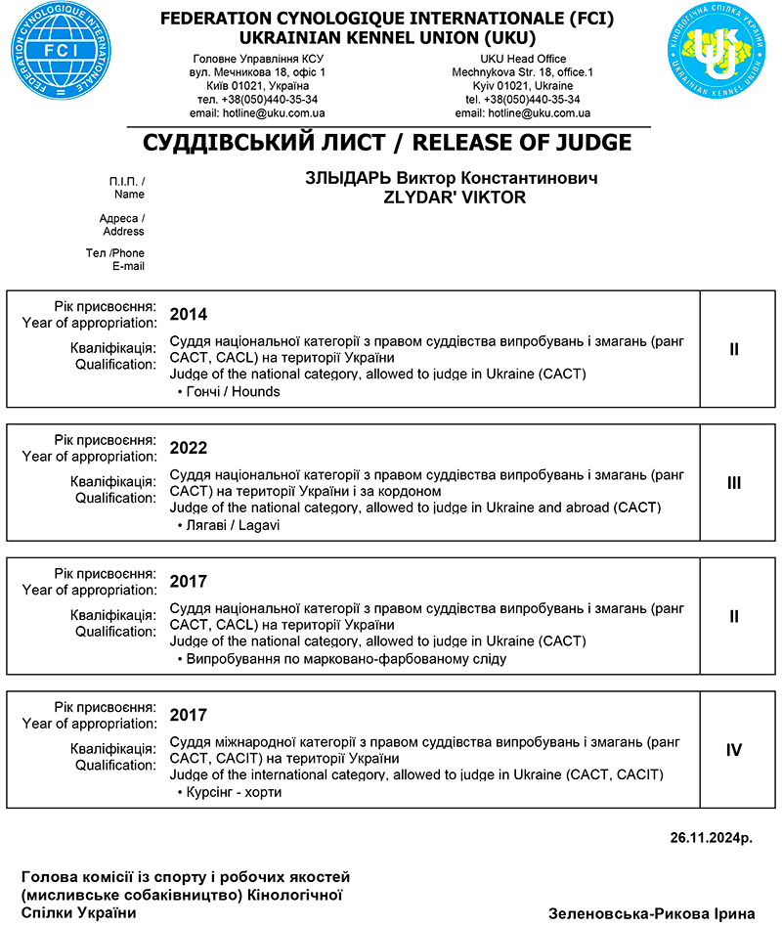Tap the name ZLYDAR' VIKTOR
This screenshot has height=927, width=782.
(x=456, y=198)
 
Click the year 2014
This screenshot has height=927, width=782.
(x=189, y=315)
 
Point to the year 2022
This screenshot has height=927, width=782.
(x=189, y=448)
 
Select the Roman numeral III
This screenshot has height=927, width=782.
(x=734, y=483)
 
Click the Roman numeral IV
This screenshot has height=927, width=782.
(x=734, y=750)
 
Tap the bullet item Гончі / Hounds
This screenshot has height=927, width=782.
(x=232, y=392)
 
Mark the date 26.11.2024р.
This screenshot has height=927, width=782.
(x=712, y=838)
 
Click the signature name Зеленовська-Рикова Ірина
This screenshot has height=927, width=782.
(x=652, y=913)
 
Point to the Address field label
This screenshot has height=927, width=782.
(x=122, y=225)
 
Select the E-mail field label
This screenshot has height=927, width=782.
(x=128, y=267)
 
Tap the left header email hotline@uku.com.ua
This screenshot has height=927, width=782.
(x=257, y=113)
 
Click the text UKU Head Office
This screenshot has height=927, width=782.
(x=523, y=60)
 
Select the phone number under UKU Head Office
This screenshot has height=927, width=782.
(x=523, y=100)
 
